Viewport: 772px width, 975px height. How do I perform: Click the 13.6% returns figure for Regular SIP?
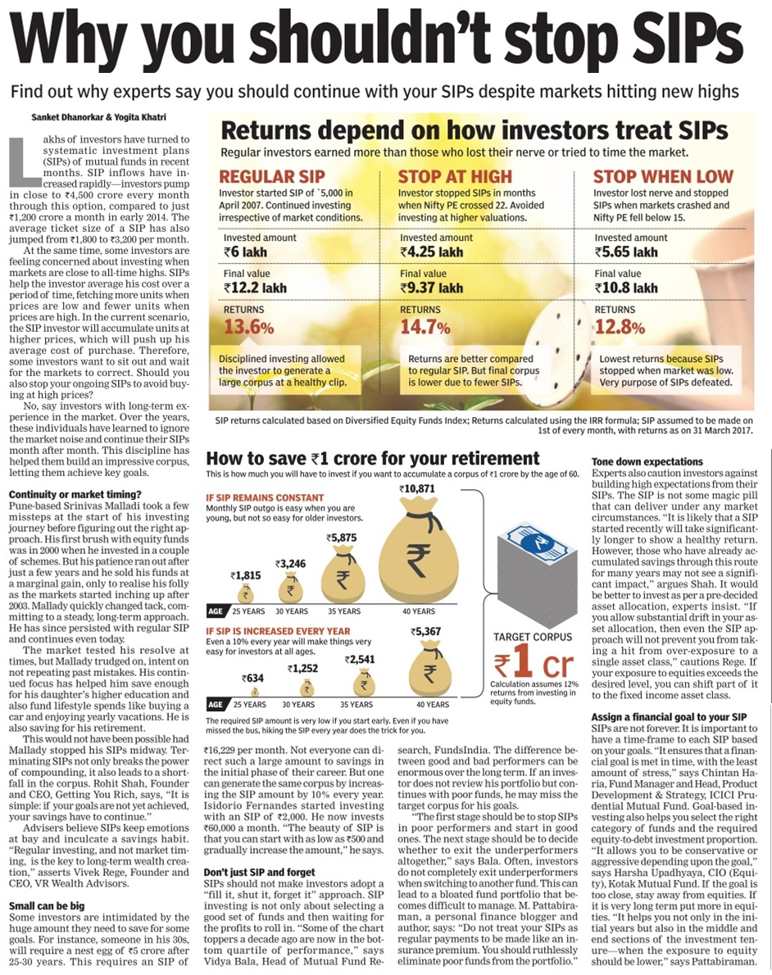tap(247, 327)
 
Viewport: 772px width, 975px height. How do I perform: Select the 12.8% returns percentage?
tap(619, 327)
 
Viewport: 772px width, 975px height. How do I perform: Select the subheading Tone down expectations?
tap(647, 462)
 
